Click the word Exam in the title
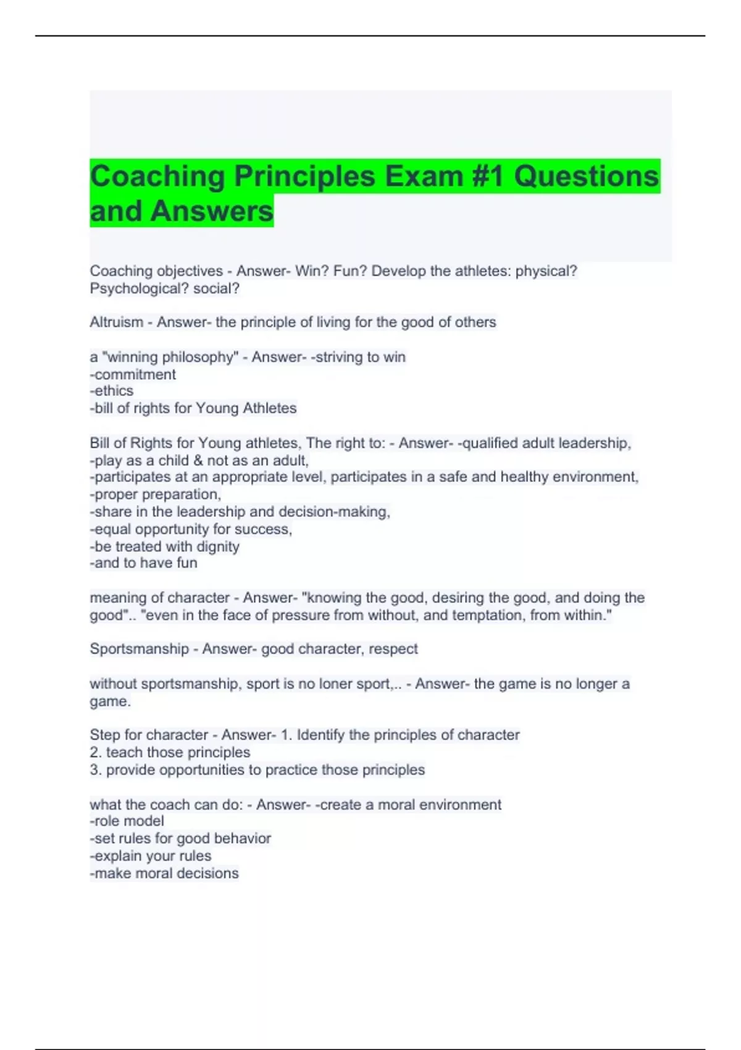[424, 177]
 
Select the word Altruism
[116, 322]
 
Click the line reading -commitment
[133, 374]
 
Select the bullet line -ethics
[112, 391]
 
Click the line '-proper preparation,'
[156, 494]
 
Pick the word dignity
[217, 547]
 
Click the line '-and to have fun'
[144, 563]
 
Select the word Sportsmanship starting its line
[139, 649]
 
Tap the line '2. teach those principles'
[170, 752]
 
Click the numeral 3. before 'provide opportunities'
[96, 770]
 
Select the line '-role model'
[127, 821]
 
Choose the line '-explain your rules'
[151, 856]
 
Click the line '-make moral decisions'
[164, 873]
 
